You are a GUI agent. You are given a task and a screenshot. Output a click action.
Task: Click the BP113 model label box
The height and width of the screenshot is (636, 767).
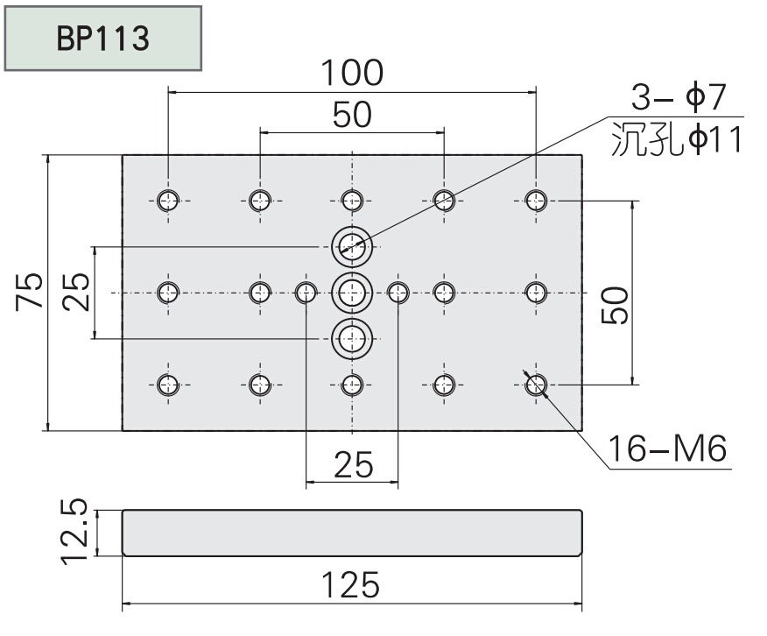(x=104, y=37)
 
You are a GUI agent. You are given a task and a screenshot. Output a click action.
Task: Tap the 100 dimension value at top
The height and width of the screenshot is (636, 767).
(x=350, y=74)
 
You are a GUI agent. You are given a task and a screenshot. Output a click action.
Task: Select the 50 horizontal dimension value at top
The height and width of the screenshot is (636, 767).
(x=351, y=114)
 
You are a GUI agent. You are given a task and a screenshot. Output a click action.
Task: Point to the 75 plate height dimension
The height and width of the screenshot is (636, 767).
(x=29, y=292)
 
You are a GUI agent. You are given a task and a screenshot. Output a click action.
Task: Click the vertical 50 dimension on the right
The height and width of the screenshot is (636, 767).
(x=616, y=304)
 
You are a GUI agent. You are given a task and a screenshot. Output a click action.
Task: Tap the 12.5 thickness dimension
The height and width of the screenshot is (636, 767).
(x=77, y=532)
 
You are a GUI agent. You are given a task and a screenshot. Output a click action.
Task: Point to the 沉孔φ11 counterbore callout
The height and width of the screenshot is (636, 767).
(x=676, y=139)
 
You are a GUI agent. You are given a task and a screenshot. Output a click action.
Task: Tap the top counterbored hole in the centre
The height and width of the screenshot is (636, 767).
(x=352, y=245)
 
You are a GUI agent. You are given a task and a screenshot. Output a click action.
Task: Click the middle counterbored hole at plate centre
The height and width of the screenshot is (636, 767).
(x=352, y=292)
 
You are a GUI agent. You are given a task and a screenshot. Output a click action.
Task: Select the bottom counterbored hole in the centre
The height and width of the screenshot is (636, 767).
(x=352, y=337)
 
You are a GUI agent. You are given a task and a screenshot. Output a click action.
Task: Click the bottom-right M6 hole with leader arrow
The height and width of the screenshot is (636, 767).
(x=536, y=384)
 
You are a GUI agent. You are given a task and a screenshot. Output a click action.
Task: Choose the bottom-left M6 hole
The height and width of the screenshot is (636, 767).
(x=169, y=384)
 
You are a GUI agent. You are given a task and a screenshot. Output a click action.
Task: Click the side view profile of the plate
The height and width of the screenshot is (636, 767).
(x=351, y=533)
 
